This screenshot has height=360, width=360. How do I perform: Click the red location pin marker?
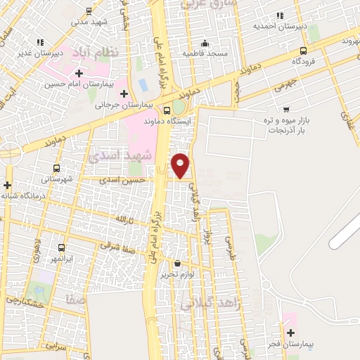[x=181, y=165]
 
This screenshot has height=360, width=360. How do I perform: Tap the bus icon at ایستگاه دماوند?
[x=167, y=110]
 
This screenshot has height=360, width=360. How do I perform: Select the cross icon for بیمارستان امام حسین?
[x=79, y=73]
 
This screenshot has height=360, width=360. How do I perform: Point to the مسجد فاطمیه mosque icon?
[x=204, y=42]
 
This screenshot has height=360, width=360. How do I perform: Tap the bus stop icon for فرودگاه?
[x=303, y=51]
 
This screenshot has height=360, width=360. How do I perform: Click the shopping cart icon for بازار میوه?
[x=286, y=109]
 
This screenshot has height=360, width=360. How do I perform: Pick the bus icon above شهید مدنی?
[x=89, y=11]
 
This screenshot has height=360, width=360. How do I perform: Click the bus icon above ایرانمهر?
[x=60, y=247]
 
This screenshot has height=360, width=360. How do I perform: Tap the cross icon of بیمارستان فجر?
[x=291, y=332]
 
